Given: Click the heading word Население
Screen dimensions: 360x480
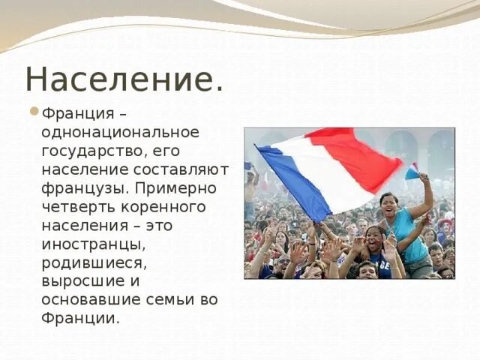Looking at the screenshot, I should (x=124, y=79).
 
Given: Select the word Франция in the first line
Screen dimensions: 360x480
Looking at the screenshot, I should (x=76, y=114).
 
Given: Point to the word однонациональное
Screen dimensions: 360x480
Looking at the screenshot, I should (x=121, y=132).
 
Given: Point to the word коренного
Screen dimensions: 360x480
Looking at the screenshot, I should (x=160, y=206).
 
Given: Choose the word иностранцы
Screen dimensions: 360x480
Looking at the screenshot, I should (x=93, y=244).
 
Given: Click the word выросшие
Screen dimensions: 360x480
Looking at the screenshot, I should (x=80, y=280).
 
